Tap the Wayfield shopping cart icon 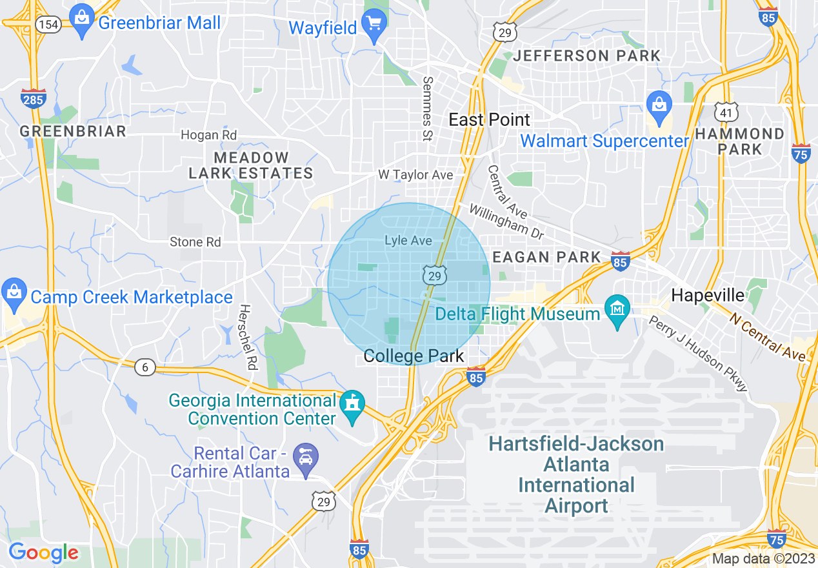click(x=373, y=25)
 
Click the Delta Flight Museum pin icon click(x=617, y=310)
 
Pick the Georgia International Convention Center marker click(x=352, y=405)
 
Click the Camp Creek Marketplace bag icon click(x=14, y=292)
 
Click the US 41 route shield click(x=726, y=112)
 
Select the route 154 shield click(x=48, y=25)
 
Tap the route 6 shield click(x=145, y=367)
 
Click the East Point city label click(x=490, y=119)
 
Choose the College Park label click(x=414, y=356)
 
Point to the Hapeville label click(x=708, y=296)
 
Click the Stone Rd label click(x=195, y=242)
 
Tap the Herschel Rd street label click(x=247, y=337)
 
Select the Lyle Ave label click(x=408, y=240)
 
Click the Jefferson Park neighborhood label click(x=586, y=56)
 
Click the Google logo click(x=43, y=553)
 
